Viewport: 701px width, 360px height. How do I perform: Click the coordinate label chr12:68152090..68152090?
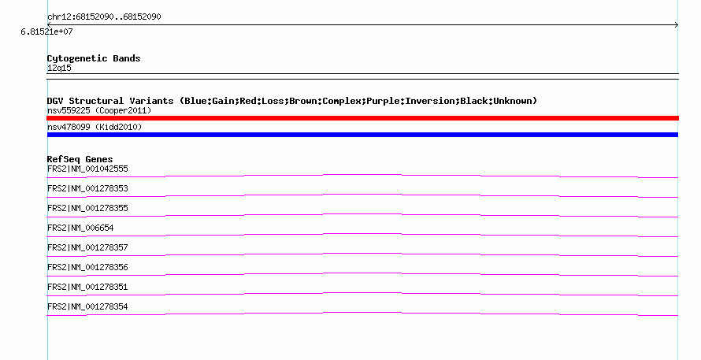[104, 17]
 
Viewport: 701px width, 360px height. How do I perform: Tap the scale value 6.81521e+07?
[46, 32]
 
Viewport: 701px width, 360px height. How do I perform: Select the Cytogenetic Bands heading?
[94, 58]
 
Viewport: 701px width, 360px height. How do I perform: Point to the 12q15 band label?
[59, 68]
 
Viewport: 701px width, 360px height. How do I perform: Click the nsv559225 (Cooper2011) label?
[99, 110]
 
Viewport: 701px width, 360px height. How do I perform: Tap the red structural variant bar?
[362, 118]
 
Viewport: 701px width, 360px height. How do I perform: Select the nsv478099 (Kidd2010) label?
[95, 127]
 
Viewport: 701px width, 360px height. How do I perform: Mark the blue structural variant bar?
[362, 135]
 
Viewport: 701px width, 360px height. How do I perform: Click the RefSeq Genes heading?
[80, 159]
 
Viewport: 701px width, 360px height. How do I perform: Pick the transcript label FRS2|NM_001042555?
[87, 169]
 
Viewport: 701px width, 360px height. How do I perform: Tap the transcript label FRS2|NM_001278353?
[87, 189]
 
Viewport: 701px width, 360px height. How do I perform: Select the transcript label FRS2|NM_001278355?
[87, 209]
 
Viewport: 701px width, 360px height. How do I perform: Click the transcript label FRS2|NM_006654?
[80, 228]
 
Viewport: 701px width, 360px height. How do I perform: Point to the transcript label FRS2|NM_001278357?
[87, 248]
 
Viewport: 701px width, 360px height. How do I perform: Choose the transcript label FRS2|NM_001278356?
[87, 267]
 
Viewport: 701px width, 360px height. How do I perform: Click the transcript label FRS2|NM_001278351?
[87, 287]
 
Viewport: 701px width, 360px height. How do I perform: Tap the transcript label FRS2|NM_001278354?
[87, 306]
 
